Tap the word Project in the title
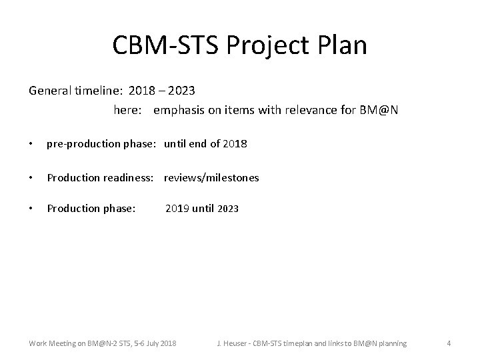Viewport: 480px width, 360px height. (x=267, y=45)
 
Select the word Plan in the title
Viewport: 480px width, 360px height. (x=343, y=45)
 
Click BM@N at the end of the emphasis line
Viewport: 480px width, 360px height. (x=381, y=109)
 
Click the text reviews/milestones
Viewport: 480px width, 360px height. (x=211, y=178)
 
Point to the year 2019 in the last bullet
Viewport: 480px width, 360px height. (x=177, y=209)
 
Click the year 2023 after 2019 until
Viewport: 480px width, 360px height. (x=227, y=209)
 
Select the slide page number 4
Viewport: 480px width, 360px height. (x=449, y=343)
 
